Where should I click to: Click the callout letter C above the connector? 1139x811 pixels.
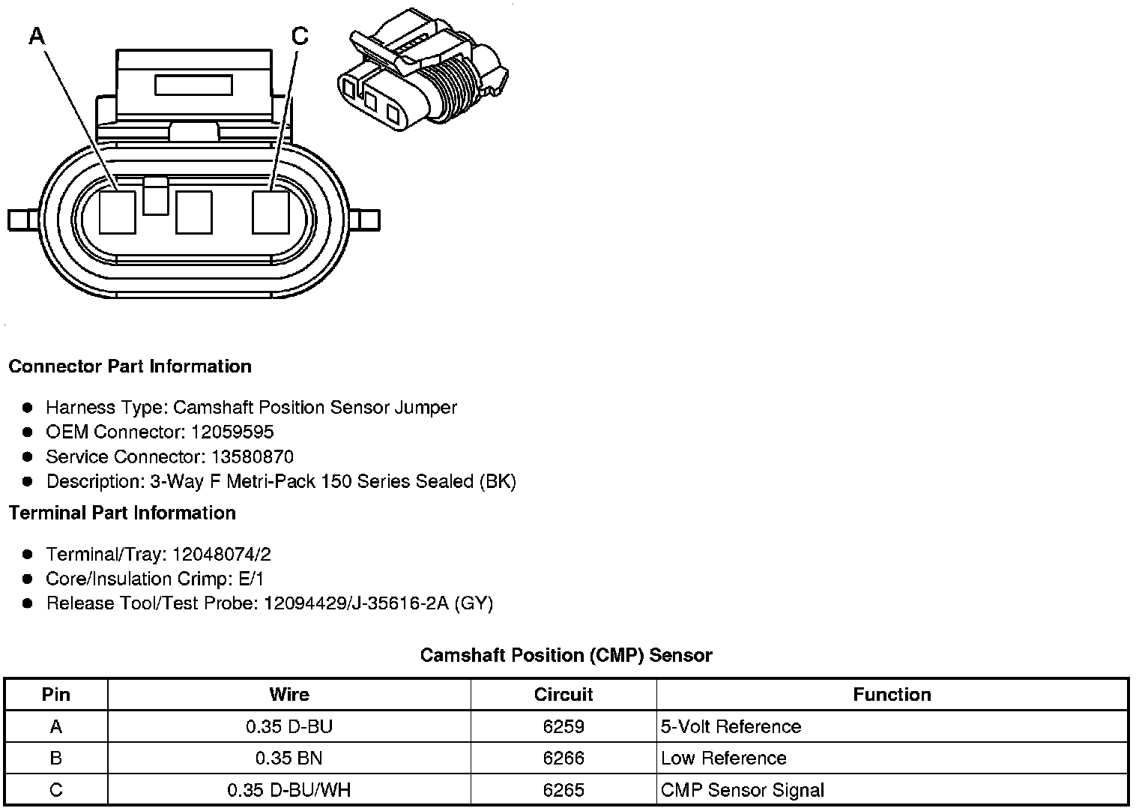pos(299,35)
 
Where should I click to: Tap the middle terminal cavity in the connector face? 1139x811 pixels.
pos(194,212)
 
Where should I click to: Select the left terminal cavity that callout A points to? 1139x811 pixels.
pos(118,212)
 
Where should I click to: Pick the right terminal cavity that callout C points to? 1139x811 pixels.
pos(271,212)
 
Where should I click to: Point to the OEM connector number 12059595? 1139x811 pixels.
pos(232,432)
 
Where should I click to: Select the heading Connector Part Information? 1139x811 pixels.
pos(130,367)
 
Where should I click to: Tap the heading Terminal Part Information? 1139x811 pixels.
pos(122,513)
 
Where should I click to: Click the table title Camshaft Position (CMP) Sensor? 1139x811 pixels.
pos(566,655)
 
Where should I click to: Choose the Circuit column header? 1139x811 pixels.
pos(564,695)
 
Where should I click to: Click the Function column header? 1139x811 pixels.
pos(892,695)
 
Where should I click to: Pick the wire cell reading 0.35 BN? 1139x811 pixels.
pos(288,759)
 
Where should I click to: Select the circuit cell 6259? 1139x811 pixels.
pos(564,727)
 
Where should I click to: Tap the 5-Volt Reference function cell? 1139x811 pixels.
pos(731,727)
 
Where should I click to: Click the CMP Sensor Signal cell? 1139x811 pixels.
pos(742,790)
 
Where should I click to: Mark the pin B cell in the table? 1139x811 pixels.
pos(56,759)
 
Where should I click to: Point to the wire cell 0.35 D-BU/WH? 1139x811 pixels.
pos(288,790)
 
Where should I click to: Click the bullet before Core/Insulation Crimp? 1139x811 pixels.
pos(28,579)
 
